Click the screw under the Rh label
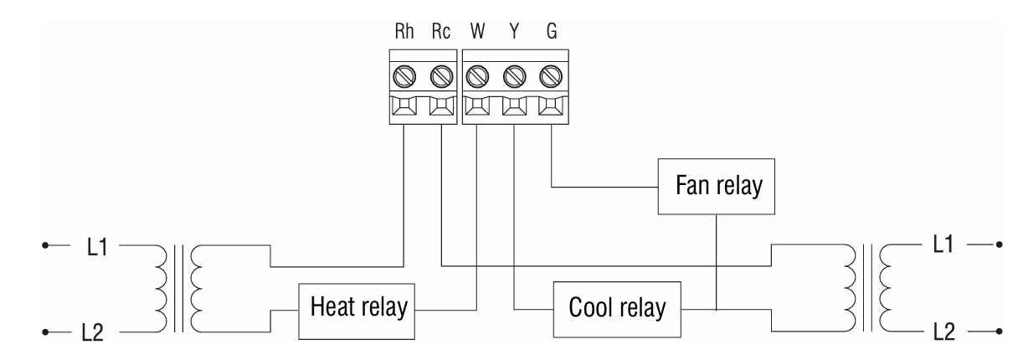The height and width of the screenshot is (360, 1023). point(406,78)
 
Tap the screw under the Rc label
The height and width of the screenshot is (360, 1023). point(441,78)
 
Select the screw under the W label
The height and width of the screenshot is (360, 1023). point(478,78)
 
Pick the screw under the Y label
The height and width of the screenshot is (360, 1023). point(513,78)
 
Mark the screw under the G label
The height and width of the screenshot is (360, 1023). point(549,78)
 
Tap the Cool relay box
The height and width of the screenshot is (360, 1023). point(618,307)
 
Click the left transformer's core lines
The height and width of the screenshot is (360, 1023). point(178,289)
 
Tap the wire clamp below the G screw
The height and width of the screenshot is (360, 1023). point(549,109)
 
